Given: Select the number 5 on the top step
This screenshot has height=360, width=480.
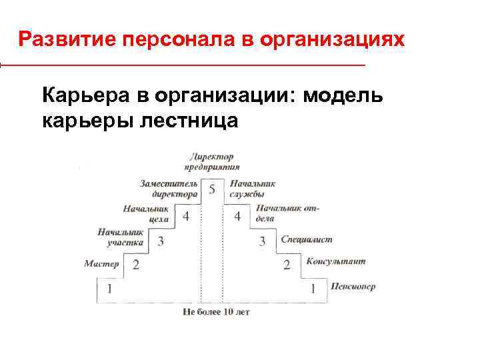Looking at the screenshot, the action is point(212,189).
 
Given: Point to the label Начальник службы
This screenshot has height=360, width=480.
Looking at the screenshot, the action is point(252,189).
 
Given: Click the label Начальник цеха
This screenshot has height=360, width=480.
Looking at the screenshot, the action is point(146,213).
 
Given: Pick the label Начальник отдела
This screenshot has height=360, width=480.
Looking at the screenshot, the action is point(287,213).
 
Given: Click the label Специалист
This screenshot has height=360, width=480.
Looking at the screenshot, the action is point(306,239).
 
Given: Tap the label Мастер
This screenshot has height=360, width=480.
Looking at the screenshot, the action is point(101,264).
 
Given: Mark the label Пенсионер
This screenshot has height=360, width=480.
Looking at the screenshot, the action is point(352,287).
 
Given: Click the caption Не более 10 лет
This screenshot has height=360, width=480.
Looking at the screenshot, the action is point(215,312).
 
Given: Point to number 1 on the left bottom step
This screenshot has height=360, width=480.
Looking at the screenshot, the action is point(109,289).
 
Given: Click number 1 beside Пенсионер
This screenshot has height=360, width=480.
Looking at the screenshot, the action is point(313,289).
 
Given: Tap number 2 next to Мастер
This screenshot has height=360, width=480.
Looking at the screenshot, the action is point(135,265).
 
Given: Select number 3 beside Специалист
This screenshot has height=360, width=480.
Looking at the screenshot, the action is point(262,241).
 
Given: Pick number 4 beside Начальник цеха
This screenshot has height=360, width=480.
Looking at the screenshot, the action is point(186,216).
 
